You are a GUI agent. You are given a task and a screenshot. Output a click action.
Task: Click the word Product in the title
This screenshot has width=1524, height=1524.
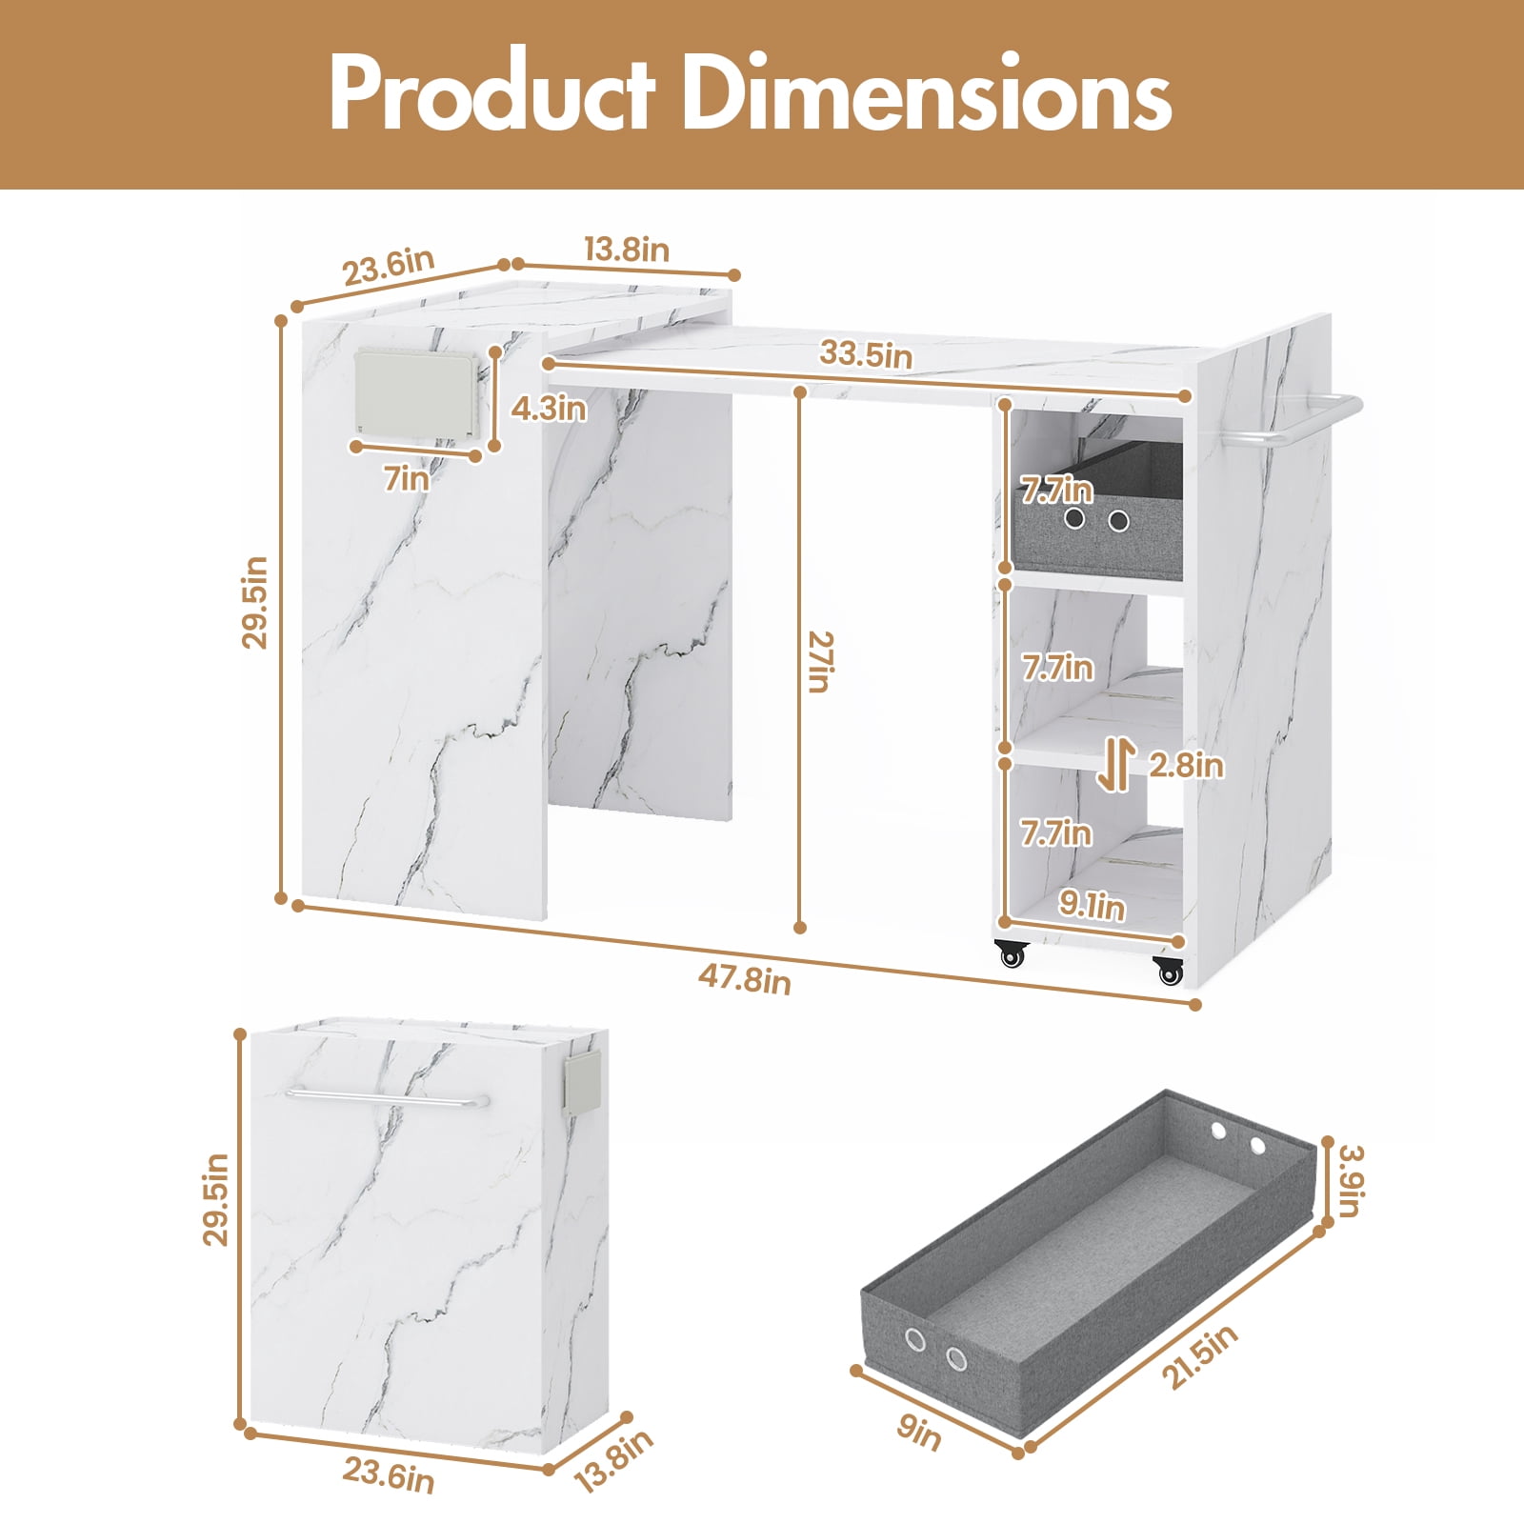492,92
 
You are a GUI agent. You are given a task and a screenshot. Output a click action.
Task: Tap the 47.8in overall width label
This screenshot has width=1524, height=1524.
744,978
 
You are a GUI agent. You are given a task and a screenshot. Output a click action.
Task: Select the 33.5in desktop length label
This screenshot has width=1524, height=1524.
866,353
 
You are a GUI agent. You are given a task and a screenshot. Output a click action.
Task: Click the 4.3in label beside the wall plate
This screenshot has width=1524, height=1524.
549,409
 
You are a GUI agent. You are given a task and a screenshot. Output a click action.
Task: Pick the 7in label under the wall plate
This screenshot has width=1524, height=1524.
407,478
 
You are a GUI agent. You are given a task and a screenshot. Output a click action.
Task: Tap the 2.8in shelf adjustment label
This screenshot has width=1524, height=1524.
1186,764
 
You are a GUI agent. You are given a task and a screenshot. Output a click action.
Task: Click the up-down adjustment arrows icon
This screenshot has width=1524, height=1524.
1115,766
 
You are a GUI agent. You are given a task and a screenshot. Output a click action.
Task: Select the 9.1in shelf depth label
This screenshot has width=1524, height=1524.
1093,905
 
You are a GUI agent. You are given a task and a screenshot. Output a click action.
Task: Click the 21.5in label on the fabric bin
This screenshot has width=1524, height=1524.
1199,1356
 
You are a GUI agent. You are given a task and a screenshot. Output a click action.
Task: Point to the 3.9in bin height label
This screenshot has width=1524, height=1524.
1351,1181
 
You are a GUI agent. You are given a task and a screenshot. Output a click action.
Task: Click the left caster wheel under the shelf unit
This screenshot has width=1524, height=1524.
1012,953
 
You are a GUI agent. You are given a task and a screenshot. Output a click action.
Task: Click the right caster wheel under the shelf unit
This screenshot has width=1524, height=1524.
1169,971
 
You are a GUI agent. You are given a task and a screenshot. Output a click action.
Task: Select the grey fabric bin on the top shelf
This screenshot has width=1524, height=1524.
1097,508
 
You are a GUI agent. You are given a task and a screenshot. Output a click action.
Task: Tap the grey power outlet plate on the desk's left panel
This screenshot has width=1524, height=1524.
415,397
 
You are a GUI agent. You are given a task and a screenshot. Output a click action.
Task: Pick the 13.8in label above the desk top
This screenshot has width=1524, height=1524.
626,250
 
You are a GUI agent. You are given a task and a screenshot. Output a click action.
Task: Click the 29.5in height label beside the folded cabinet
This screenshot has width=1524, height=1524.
216,1199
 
